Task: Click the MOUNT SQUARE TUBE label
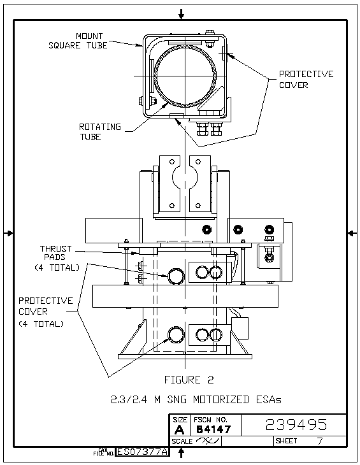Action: click(x=78, y=41)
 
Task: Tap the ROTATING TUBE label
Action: click(x=100, y=132)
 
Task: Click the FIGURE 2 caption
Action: click(x=189, y=380)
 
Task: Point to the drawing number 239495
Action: click(x=296, y=425)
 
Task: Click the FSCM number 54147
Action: click(x=213, y=429)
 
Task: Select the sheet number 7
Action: click(x=320, y=441)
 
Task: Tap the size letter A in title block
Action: click(x=179, y=430)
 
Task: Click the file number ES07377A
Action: click(x=142, y=452)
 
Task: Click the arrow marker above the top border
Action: click(x=181, y=13)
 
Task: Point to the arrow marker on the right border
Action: click(x=352, y=233)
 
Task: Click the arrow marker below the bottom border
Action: click(x=181, y=452)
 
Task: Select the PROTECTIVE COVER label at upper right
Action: click(x=306, y=80)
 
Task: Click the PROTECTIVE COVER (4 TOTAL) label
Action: click(x=45, y=312)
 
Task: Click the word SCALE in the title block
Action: click(x=182, y=441)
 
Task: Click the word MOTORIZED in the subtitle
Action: click(x=221, y=399)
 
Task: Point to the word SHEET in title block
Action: click(x=286, y=441)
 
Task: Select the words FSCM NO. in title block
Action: click(x=210, y=420)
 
